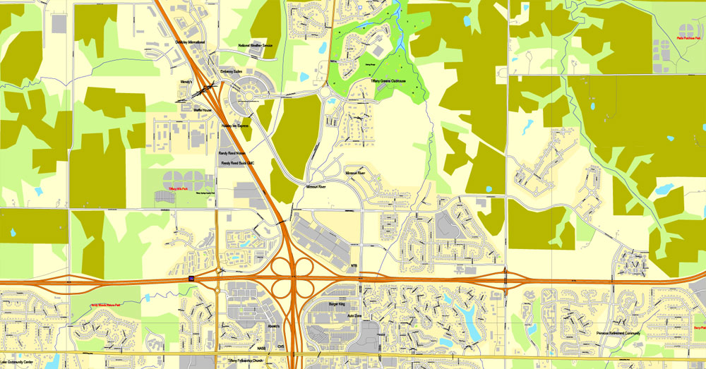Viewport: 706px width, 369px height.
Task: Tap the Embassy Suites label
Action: click(x=232, y=71)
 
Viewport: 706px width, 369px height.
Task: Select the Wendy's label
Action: click(x=186, y=82)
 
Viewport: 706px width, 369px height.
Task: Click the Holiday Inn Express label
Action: click(x=235, y=126)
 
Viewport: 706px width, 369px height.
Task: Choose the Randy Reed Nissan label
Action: click(x=232, y=152)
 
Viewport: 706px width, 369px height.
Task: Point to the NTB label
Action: click(x=354, y=266)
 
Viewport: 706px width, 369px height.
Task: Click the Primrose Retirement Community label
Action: click(x=618, y=333)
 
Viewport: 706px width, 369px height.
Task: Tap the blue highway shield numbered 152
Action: click(x=190, y=280)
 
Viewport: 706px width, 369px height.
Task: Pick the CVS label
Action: click(x=280, y=346)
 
